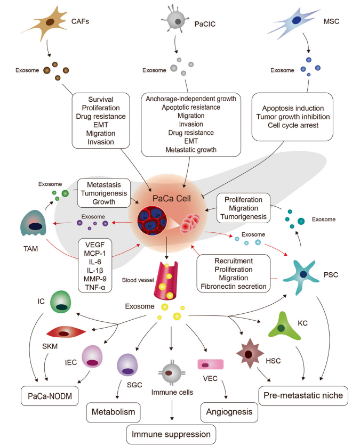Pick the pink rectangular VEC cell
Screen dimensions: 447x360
pyautogui.click(x=211, y=365)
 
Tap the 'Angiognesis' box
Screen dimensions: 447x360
pyautogui.click(x=226, y=412)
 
